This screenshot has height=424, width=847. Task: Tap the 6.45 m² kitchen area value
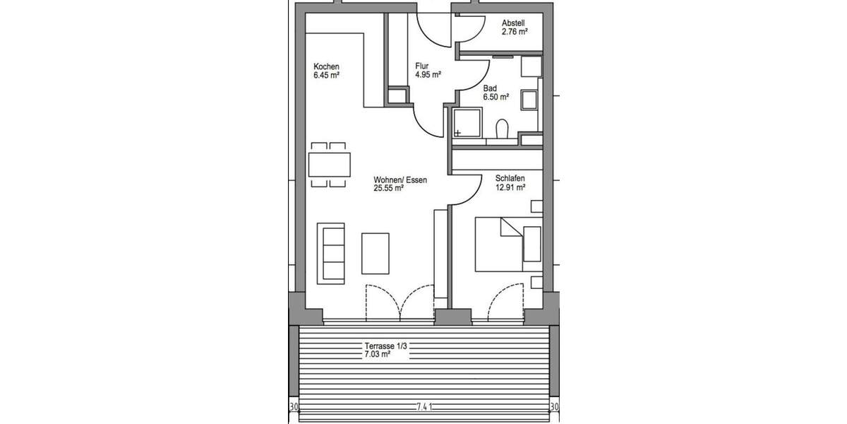327,75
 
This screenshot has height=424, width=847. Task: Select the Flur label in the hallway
422,66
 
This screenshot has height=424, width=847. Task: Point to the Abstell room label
514,23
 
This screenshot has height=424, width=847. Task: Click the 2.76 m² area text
515,32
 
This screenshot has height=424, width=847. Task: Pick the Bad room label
490,89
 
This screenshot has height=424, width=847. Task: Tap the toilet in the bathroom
503,130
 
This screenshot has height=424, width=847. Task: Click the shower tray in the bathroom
467,123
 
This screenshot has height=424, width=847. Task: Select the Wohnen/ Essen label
400,179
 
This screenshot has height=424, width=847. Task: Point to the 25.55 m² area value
389,189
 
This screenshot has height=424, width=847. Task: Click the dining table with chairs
330,165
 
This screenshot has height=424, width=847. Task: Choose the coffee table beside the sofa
375,253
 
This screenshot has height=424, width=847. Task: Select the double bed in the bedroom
507,244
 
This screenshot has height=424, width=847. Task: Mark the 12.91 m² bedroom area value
511,188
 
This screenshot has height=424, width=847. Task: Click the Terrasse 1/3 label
386,346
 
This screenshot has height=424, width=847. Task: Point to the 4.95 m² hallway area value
428,75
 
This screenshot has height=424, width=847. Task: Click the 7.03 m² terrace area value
378,355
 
